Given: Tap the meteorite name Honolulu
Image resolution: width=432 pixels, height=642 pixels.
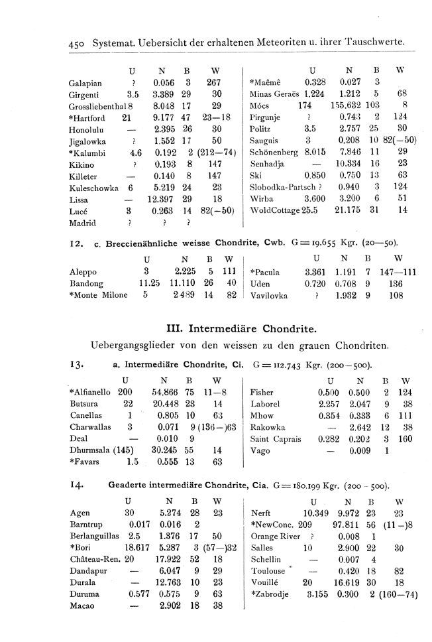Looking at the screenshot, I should pos(87,128).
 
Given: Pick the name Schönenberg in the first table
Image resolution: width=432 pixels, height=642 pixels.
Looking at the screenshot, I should pos(274,151).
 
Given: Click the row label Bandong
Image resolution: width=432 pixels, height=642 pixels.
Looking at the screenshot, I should pos(86,283).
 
